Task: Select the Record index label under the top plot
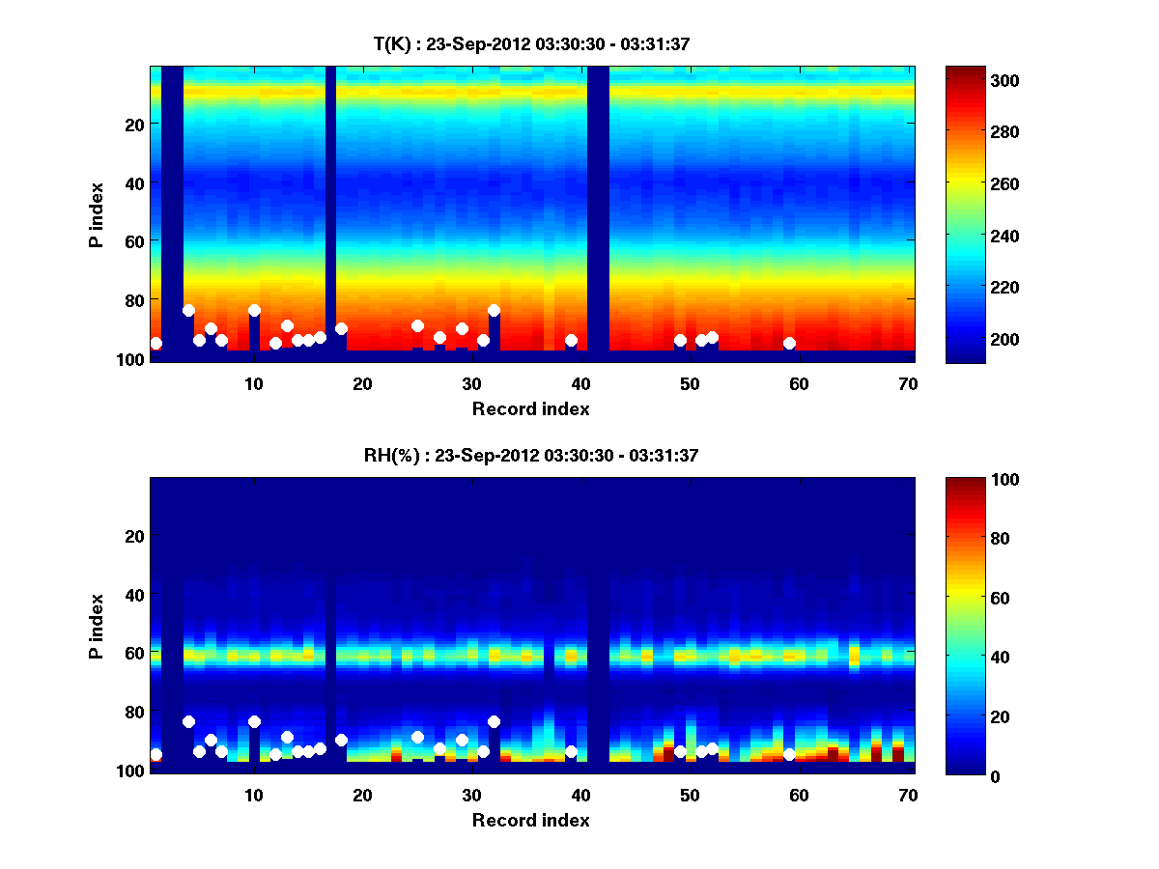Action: tap(531, 408)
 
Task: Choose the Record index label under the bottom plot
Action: tap(531, 820)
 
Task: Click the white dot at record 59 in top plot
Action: tap(789, 343)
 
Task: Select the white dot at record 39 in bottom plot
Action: tap(571, 751)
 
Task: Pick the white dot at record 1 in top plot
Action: tap(155, 343)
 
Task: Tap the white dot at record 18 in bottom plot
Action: tap(341, 740)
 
